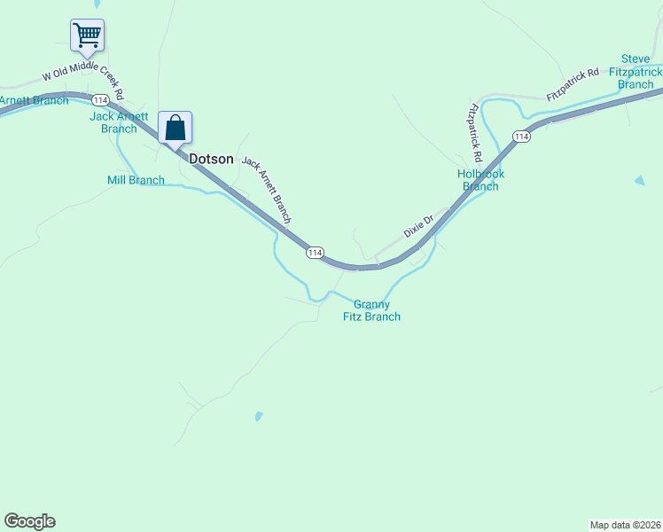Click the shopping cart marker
(x=87, y=36)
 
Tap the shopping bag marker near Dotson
(x=175, y=128)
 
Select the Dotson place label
(x=212, y=160)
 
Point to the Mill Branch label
(x=136, y=181)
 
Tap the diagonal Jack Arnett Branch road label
(x=267, y=190)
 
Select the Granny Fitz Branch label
(x=371, y=310)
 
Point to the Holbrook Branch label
(x=481, y=180)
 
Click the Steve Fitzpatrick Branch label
(x=636, y=71)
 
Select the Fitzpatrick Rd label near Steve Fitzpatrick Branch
(x=573, y=83)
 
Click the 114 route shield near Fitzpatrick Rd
(x=521, y=136)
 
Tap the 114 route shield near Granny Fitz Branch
(x=315, y=253)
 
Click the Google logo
(x=29, y=521)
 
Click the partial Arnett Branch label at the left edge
(x=34, y=100)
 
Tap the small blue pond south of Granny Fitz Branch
(x=258, y=415)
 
